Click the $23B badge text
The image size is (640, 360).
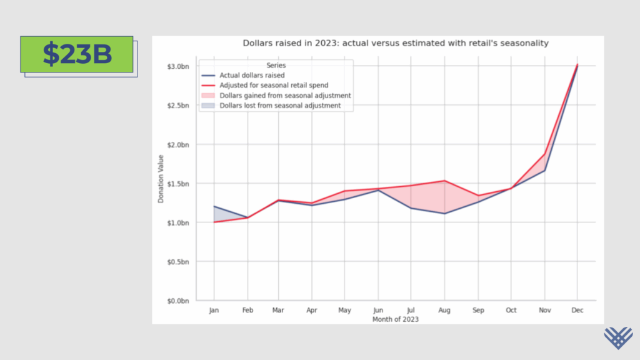pos(77,54)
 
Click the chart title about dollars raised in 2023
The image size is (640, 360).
pos(395,43)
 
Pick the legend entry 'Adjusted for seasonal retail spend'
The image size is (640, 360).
pos(274,86)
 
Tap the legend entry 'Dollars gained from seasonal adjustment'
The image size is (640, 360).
pos(284,96)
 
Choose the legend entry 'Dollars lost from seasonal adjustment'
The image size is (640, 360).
pos(279,106)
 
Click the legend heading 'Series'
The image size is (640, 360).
pos(276,65)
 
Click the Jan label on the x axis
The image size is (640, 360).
pos(214,310)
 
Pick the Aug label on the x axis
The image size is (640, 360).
pos(444,310)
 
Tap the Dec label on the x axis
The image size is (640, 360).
pos(577,310)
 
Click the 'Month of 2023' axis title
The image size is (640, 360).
pos(395,319)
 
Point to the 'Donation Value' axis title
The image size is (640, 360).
pos(161,179)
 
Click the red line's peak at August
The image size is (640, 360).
pos(444,181)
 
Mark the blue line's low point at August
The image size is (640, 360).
pos(444,214)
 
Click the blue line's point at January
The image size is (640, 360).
pos(214,206)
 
